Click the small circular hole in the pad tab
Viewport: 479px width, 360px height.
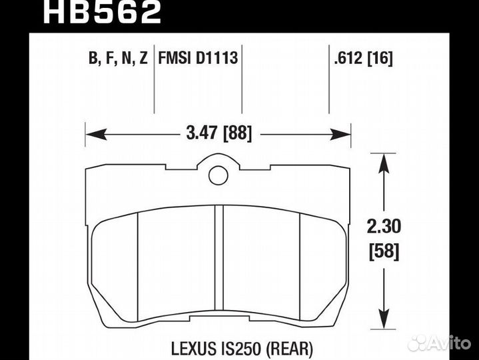tap(218, 175)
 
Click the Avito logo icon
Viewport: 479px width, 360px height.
tap(419, 343)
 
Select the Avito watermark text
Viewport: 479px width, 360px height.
tap(451, 343)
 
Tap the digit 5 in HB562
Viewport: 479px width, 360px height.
tap(100, 12)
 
